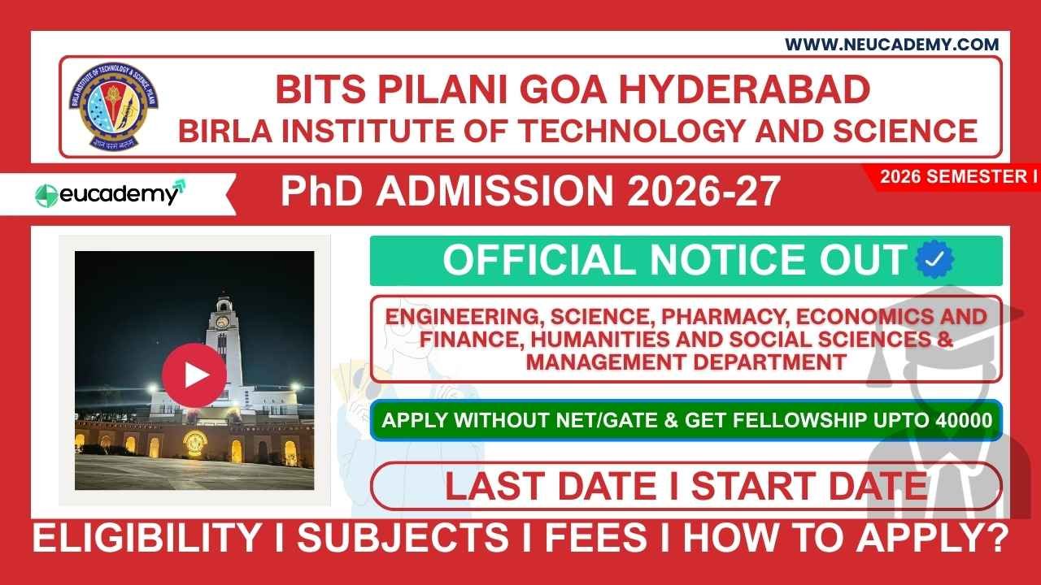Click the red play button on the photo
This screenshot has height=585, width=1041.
pyautogui.click(x=194, y=375)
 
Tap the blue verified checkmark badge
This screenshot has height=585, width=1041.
pyautogui.click(x=934, y=260)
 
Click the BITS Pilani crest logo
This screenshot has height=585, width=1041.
pyautogui.click(x=113, y=105)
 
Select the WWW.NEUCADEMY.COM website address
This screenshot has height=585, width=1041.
pyautogui.click(x=891, y=45)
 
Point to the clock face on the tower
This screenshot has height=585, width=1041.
pyautogui.click(x=222, y=321)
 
